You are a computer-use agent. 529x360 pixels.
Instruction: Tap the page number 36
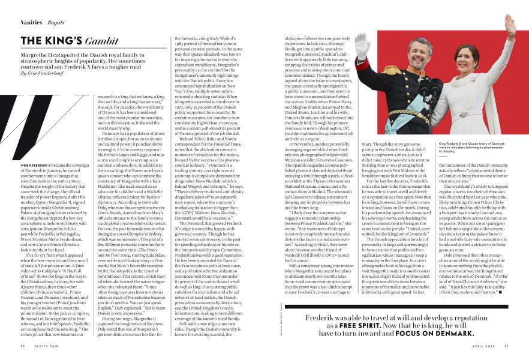tap(22, 345)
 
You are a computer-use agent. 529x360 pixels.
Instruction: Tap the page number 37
tap(507, 345)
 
